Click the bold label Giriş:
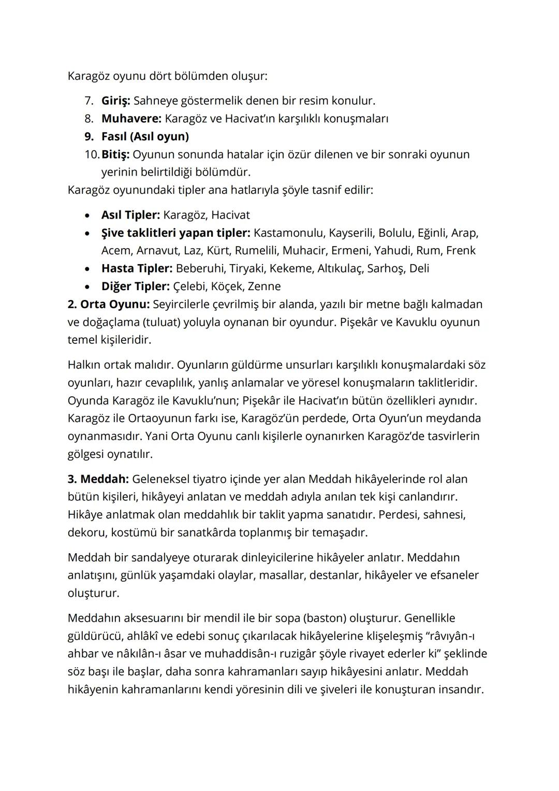(115, 101)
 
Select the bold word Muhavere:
(131, 119)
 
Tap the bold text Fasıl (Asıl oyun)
(145, 137)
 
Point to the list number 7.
(89, 101)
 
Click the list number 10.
(91, 154)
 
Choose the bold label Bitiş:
(115, 154)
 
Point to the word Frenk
(460, 251)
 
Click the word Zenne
(264, 286)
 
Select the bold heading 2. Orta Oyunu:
(109, 304)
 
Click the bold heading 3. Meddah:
(98, 479)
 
